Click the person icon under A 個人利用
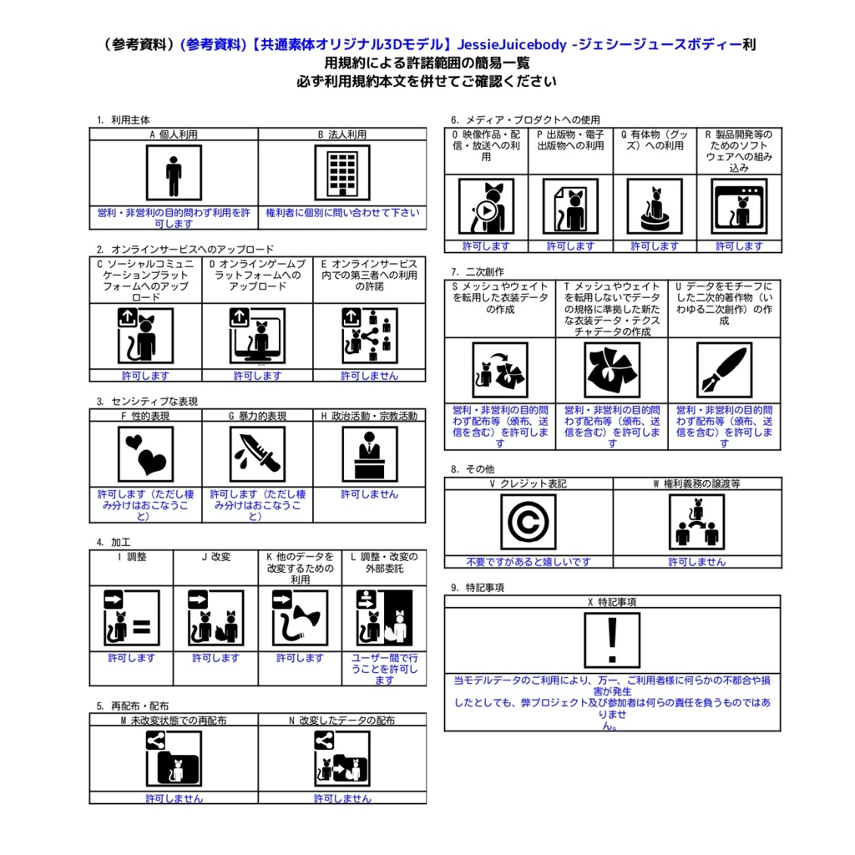[174, 173]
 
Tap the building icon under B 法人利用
[341, 173]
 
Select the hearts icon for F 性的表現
[145, 454]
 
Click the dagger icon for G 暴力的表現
[257, 454]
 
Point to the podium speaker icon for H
[369, 454]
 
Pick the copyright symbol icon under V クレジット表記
[528, 522]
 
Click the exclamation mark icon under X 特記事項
[612, 640]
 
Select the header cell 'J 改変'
[215, 557]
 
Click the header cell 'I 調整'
[131, 557]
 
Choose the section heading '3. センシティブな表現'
[147, 402]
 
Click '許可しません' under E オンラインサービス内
[369, 376]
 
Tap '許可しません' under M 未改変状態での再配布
[174, 799]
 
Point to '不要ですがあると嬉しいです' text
[528, 562]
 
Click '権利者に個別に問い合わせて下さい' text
[342, 213]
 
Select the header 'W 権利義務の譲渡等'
[696, 484]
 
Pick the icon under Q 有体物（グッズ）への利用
[655, 206]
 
